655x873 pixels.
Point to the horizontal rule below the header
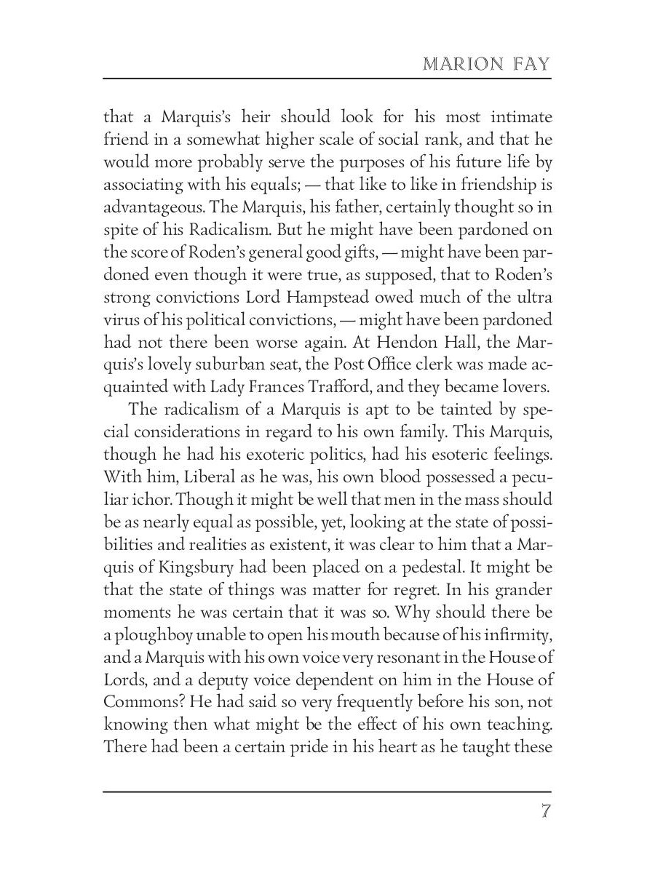click(x=327, y=79)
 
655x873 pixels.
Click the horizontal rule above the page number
click(x=327, y=792)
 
